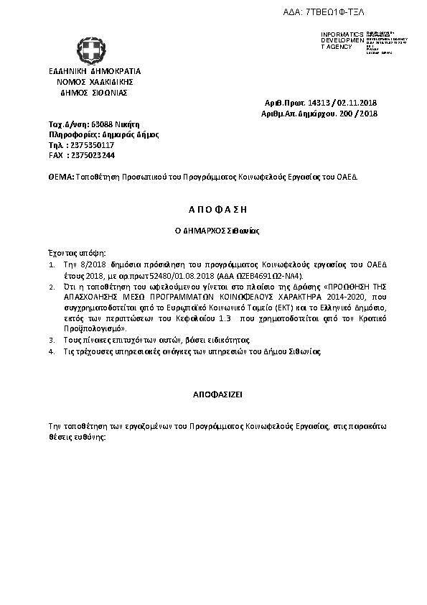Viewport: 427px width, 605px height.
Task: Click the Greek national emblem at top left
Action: tap(91, 49)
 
